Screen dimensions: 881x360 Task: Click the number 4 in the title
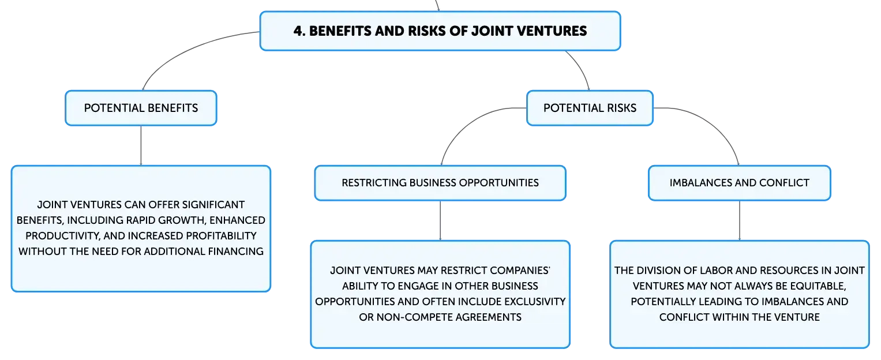[x=298, y=31]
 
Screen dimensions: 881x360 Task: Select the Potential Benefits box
[x=141, y=108]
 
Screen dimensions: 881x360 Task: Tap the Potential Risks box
[x=590, y=108]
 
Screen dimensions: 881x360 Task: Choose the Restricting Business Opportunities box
[x=440, y=183]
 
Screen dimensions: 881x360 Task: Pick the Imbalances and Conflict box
[x=740, y=183]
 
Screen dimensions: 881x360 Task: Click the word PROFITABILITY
[x=221, y=235]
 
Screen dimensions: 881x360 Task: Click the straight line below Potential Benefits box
[x=141, y=145]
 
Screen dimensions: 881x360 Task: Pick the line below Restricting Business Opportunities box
[x=440, y=221]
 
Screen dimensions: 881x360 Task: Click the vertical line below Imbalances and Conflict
[x=740, y=221]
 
